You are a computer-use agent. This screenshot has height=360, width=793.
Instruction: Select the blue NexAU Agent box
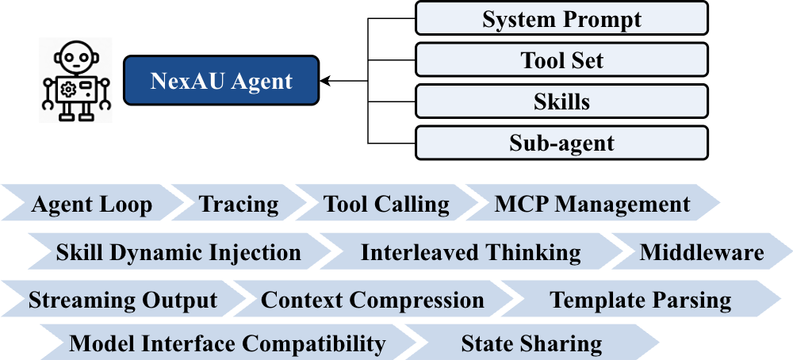(221, 80)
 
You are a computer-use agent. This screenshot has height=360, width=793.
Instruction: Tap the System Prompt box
(561, 18)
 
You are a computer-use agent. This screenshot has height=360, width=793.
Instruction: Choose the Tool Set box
(561, 59)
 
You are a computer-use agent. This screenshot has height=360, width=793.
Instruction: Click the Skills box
(561, 101)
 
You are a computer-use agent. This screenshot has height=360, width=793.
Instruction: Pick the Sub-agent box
(561, 144)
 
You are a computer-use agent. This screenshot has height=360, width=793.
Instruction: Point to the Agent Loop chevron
(92, 205)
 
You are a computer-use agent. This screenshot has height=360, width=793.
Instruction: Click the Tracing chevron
(239, 205)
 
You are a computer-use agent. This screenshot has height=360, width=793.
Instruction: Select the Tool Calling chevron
(386, 205)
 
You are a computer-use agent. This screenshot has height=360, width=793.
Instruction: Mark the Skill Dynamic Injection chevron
(178, 253)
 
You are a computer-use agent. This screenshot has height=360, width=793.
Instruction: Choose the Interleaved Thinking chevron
(470, 253)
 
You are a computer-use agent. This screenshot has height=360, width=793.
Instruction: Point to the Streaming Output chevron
(123, 301)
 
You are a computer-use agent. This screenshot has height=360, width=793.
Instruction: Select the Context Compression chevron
(373, 301)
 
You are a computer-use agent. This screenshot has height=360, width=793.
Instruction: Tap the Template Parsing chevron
(641, 301)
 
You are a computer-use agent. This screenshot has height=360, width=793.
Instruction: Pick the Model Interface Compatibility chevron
(228, 343)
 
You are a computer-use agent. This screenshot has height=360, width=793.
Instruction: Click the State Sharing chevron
(531, 343)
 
